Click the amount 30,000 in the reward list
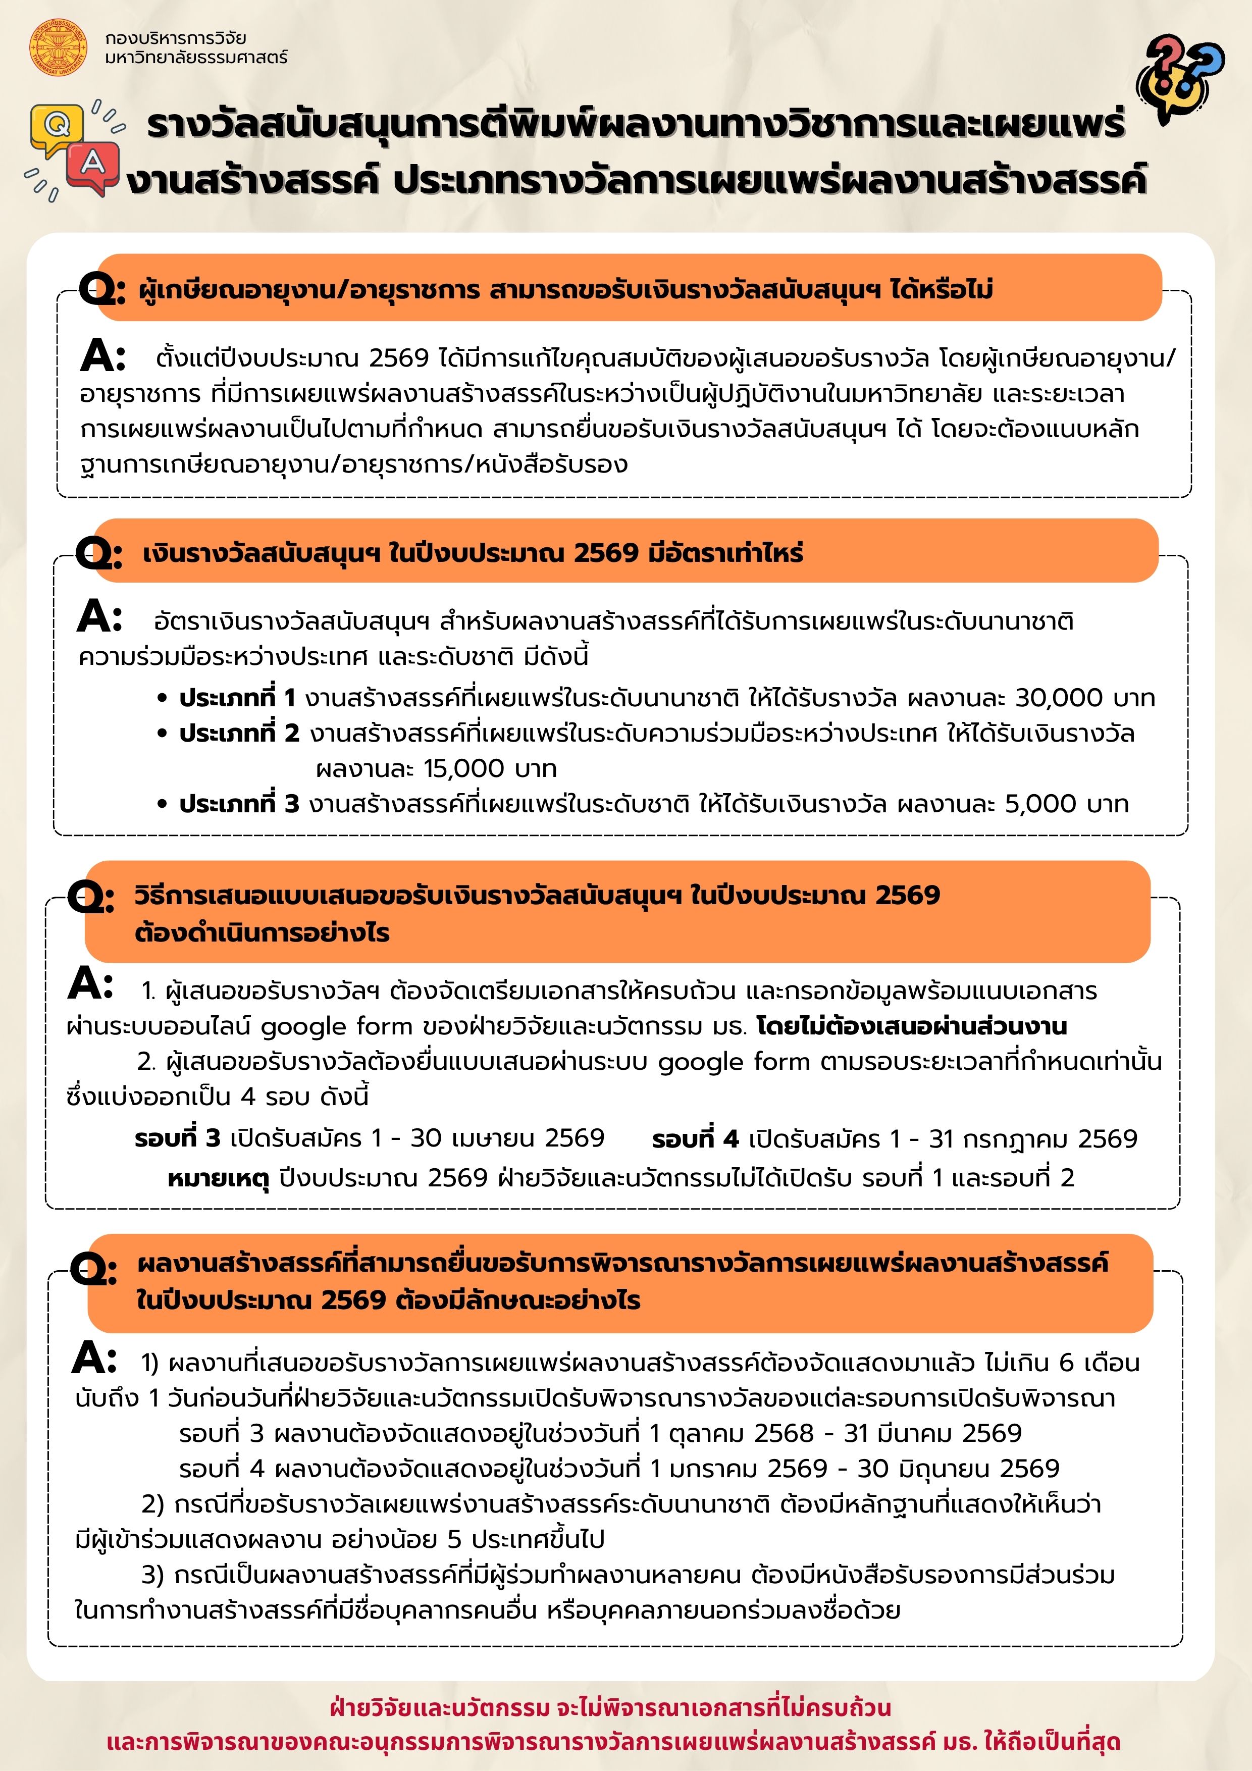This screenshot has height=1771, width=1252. [x=1058, y=698]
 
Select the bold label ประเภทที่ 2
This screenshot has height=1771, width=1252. [x=239, y=734]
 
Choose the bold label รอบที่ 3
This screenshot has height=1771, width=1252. [x=177, y=1138]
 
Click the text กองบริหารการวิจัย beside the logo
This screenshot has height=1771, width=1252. [x=176, y=38]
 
